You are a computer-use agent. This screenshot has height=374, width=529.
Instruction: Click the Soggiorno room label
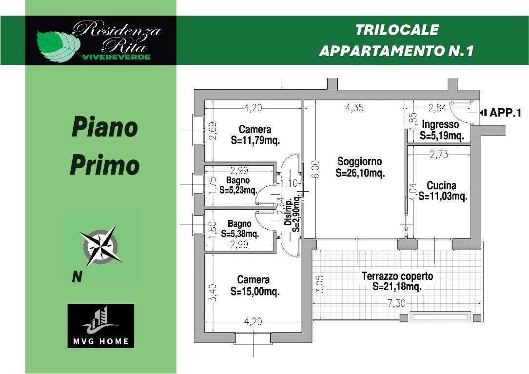click(360, 161)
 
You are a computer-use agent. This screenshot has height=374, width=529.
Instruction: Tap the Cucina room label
click(441, 185)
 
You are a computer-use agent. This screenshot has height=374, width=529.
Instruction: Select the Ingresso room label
click(440, 124)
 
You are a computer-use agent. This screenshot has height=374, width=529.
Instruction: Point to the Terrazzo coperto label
click(397, 276)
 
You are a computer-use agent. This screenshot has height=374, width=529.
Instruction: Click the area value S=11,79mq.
click(255, 140)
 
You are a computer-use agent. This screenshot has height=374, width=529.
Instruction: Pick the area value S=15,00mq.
click(255, 291)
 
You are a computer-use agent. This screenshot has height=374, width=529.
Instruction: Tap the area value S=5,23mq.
click(238, 190)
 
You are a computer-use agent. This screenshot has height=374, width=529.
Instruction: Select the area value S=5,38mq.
click(240, 234)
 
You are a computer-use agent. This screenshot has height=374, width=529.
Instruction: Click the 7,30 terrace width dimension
click(396, 303)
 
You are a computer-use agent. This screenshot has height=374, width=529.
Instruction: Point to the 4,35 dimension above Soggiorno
click(354, 108)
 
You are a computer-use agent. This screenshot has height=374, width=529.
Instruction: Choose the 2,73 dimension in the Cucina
click(439, 155)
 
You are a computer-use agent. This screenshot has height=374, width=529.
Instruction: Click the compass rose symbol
click(100, 246)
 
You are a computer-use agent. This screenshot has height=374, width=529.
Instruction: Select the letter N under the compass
click(77, 277)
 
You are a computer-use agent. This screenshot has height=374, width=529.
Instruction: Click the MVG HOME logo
click(101, 326)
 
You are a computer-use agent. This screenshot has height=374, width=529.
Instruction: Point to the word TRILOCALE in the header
click(397, 30)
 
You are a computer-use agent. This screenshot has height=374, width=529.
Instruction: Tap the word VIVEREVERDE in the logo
click(117, 57)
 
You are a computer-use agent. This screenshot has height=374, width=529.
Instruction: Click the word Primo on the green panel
click(105, 165)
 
